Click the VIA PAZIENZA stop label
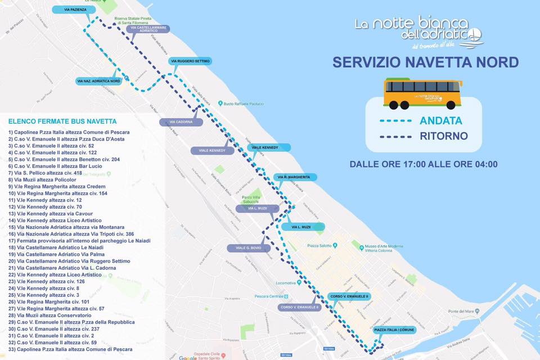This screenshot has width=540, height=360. click(74, 10)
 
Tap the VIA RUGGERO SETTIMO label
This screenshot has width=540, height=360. click(190, 61)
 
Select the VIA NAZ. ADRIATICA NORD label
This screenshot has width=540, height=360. click(98, 81)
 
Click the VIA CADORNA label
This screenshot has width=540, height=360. click(181, 121)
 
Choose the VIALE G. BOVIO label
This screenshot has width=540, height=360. click(249, 247)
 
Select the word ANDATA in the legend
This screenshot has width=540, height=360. click(440, 120)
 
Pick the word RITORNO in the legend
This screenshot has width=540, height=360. click(443, 136)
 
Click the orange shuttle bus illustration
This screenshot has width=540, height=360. click(423, 93)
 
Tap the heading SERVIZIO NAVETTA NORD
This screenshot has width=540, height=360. click(425, 62)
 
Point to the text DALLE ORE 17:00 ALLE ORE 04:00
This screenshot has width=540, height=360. click(423, 165)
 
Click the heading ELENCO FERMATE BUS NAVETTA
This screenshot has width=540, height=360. click(62, 121)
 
